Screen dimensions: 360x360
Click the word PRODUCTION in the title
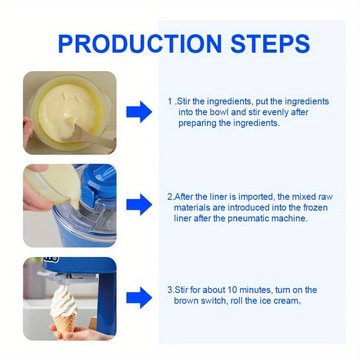point(140,44)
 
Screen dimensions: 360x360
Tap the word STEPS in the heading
point(270,44)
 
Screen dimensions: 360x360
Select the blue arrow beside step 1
point(139,112)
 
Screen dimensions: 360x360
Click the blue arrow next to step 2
point(139,204)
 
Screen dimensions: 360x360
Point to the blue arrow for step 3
point(139,297)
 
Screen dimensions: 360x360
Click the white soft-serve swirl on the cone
point(63,301)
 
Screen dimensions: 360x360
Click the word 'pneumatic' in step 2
point(248,219)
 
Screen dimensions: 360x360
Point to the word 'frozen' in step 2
point(315,207)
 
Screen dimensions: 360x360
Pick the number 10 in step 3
point(232,290)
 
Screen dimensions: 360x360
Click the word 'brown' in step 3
point(186,301)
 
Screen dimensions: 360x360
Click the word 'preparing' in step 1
point(198,123)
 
